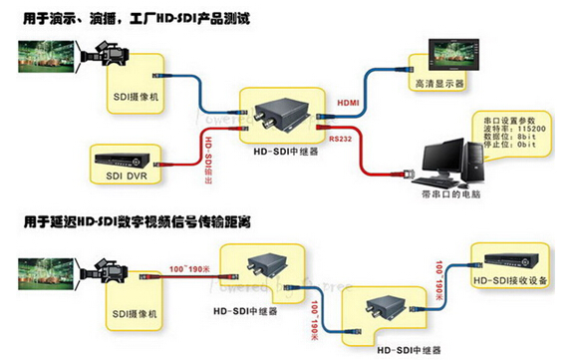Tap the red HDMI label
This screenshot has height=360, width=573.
point(349,102)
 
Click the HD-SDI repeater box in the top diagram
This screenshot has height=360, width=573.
point(282,121)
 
